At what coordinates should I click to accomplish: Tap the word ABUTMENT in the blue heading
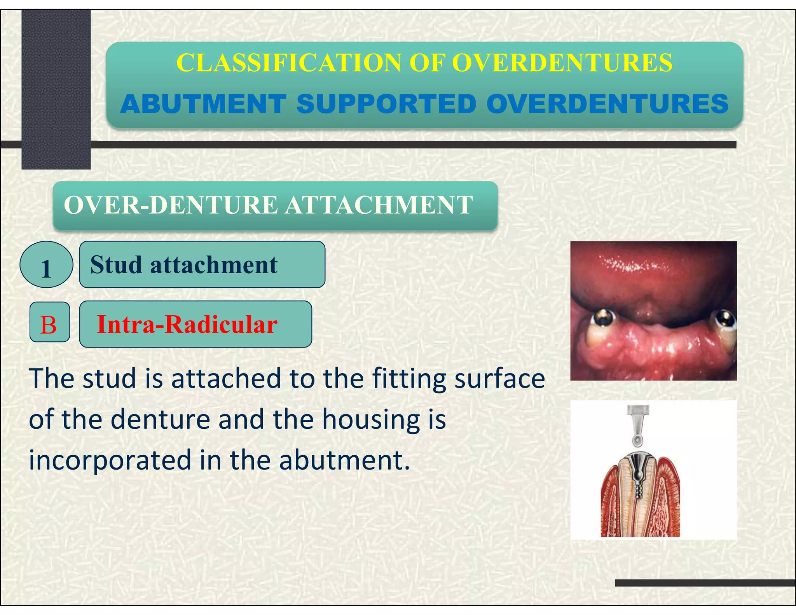point(203,104)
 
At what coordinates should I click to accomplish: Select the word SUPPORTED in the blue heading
point(386,104)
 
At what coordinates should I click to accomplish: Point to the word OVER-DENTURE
point(171,205)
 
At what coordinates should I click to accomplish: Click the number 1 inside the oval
point(46,269)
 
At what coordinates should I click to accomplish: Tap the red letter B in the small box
point(49,325)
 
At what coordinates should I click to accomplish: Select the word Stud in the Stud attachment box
point(116,265)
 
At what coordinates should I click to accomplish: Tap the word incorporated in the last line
point(110,460)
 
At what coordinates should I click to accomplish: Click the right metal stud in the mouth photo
point(725,318)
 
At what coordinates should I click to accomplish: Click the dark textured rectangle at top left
point(56,89)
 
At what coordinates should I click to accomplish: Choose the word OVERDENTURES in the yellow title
point(562,63)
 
